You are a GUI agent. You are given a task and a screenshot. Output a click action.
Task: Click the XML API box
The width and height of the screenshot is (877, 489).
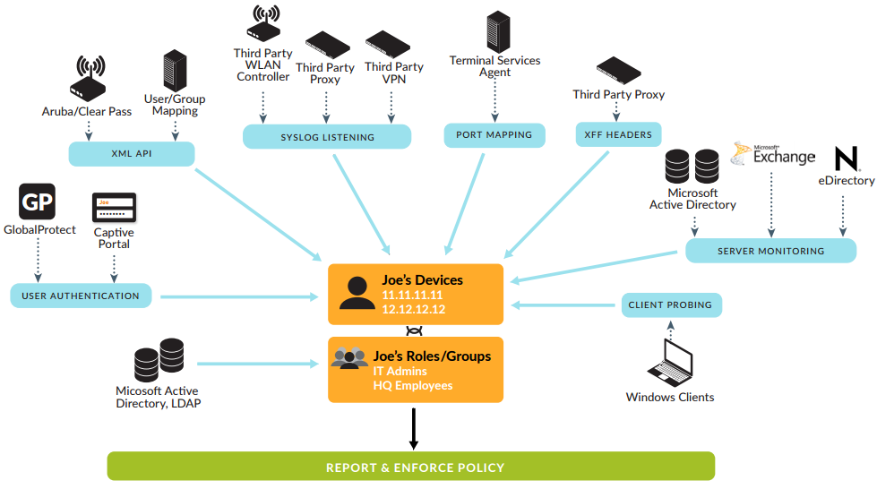coord(133,154)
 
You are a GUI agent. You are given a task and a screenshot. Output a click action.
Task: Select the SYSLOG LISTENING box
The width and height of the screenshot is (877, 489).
coord(327,137)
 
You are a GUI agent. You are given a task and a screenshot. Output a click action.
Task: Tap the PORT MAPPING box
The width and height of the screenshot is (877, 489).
coord(494,135)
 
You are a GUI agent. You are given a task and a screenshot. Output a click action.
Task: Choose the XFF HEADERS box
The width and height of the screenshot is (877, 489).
coord(618,135)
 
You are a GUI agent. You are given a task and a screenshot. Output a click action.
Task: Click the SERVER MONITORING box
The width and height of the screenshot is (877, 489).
coord(770,251)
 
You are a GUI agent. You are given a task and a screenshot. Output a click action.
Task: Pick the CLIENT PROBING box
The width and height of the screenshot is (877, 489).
coord(670,305)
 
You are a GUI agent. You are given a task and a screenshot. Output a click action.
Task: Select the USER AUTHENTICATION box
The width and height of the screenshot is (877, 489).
coord(81,296)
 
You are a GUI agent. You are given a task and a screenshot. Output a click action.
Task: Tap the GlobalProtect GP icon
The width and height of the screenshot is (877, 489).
coord(37,202)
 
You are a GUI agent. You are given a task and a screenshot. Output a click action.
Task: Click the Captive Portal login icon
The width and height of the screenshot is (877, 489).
coord(114,208)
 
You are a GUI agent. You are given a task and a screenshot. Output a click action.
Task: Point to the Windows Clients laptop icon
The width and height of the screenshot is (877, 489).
coord(670,362)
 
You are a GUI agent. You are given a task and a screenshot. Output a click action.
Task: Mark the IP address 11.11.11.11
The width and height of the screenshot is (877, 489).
coord(412,295)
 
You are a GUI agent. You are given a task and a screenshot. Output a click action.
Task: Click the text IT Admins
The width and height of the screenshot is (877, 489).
coord(400,371)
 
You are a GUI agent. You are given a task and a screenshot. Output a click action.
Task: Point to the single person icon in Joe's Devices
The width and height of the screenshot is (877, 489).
coord(357,293)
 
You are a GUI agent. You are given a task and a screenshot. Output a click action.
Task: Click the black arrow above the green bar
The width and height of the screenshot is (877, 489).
coord(413,429)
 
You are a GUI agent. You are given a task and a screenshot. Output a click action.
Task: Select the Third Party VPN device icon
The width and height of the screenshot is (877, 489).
coord(393,45)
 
